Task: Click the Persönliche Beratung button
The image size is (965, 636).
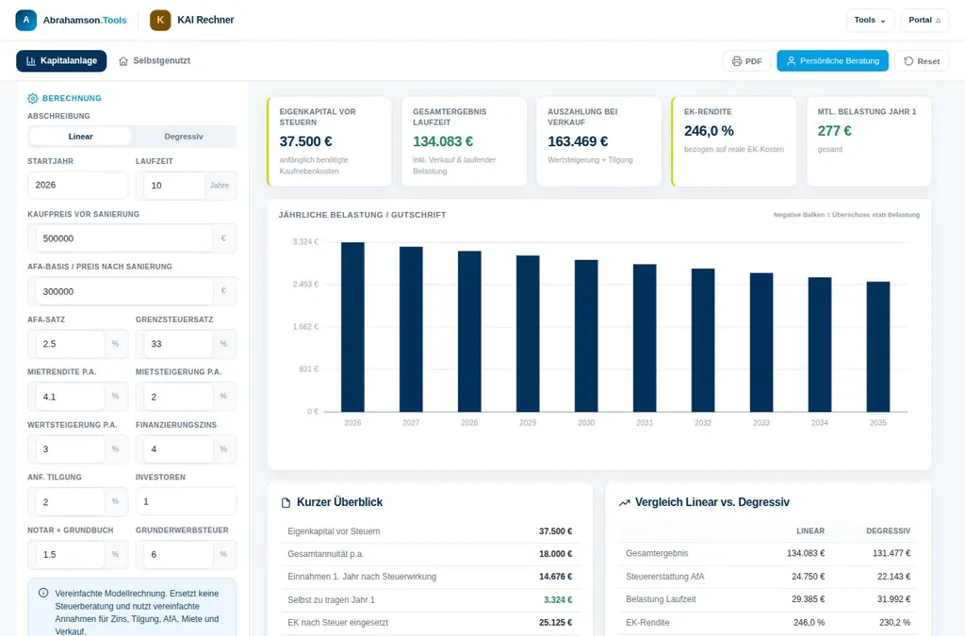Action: click(x=832, y=61)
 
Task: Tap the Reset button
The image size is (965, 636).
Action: click(x=922, y=61)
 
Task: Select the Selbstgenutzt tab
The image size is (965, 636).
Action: click(x=155, y=61)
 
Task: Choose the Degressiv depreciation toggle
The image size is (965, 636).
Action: click(x=184, y=137)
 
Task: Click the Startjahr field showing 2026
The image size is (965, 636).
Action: click(x=77, y=185)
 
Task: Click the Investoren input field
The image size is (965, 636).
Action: click(x=186, y=501)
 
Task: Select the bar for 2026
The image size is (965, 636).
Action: click(x=352, y=327)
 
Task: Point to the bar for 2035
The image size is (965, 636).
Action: click(x=878, y=347)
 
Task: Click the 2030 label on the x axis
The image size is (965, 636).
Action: click(x=586, y=422)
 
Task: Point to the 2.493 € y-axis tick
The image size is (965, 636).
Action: click(x=305, y=285)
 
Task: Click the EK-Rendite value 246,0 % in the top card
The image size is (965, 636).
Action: click(x=709, y=131)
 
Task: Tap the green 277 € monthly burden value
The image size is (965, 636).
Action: click(x=835, y=131)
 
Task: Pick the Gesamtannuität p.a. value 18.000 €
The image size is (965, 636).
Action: click(x=556, y=554)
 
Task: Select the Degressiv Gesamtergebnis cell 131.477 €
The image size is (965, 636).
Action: click(x=891, y=553)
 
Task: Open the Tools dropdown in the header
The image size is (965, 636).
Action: click(x=870, y=21)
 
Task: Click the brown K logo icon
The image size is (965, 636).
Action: click(x=160, y=21)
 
